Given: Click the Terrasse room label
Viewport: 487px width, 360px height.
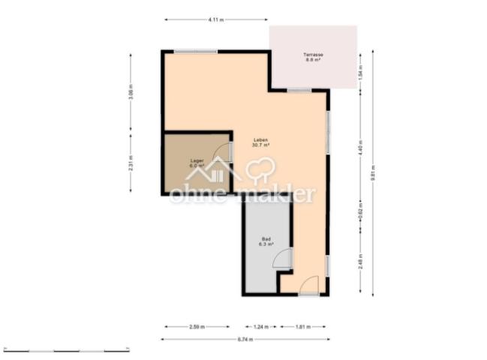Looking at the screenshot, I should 313,57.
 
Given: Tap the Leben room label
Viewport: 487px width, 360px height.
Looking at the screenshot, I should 260,142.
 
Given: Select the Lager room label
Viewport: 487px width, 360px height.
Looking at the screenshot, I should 197,163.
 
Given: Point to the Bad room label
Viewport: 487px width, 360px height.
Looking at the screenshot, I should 266,241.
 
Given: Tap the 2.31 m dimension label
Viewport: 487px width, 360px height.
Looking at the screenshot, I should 131,163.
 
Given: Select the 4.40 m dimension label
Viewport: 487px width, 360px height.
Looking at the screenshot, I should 360,147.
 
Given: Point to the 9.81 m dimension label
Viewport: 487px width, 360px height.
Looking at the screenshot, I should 373,173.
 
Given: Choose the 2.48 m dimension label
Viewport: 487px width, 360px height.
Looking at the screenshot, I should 360,262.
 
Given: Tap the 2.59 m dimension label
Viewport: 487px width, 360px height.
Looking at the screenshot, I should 197,327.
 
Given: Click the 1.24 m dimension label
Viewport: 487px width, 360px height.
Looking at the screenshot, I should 260,327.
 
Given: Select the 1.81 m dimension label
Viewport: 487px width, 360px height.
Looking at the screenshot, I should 302,327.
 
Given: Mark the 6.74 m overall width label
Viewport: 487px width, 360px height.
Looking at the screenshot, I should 245,340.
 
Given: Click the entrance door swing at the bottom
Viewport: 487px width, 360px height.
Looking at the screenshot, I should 309,285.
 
